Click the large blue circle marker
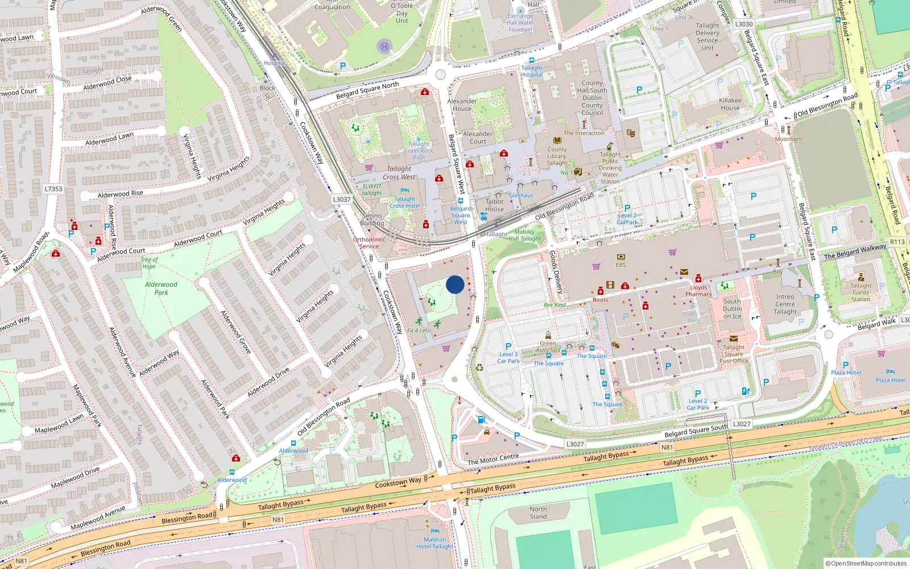[x=455, y=284]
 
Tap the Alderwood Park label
[x=161, y=288]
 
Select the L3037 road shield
[x=341, y=199]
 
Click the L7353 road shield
[x=53, y=189]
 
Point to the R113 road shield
[x=897, y=242]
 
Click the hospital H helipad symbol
[x=384, y=47]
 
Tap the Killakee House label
[x=730, y=104]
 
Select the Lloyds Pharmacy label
[x=698, y=291]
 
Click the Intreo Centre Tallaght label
[x=785, y=304]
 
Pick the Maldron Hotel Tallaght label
[x=435, y=543]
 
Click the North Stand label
[x=538, y=513]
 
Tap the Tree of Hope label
[x=149, y=263]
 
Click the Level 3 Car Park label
[x=508, y=357]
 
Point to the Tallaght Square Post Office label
[x=734, y=354]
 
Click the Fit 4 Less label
[x=419, y=331]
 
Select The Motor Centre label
[x=493, y=459]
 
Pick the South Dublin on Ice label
[x=732, y=309]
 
